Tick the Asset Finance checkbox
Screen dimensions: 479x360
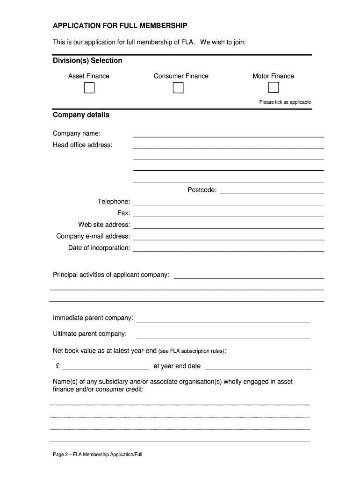click(x=89, y=88)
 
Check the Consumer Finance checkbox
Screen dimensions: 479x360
click(x=178, y=88)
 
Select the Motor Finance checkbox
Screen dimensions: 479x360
click(x=274, y=87)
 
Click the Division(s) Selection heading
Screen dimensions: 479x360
click(x=87, y=60)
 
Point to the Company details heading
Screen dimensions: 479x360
click(x=81, y=115)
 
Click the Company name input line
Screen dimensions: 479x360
click(x=228, y=135)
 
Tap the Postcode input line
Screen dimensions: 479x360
click(x=271, y=191)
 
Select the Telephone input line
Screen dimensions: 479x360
click(x=228, y=203)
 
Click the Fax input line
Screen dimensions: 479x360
click(x=228, y=215)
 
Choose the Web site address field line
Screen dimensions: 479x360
click(x=228, y=226)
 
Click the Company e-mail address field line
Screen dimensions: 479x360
click(x=228, y=238)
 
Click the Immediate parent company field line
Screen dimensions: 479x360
click(x=223, y=320)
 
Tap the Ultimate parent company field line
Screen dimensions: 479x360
click(x=223, y=336)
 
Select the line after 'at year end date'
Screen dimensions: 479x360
click(x=258, y=368)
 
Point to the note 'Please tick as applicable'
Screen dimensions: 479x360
click(x=285, y=102)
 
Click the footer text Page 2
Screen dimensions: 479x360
click(x=97, y=454)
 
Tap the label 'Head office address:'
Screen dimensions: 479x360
click(x=82, y=145)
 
